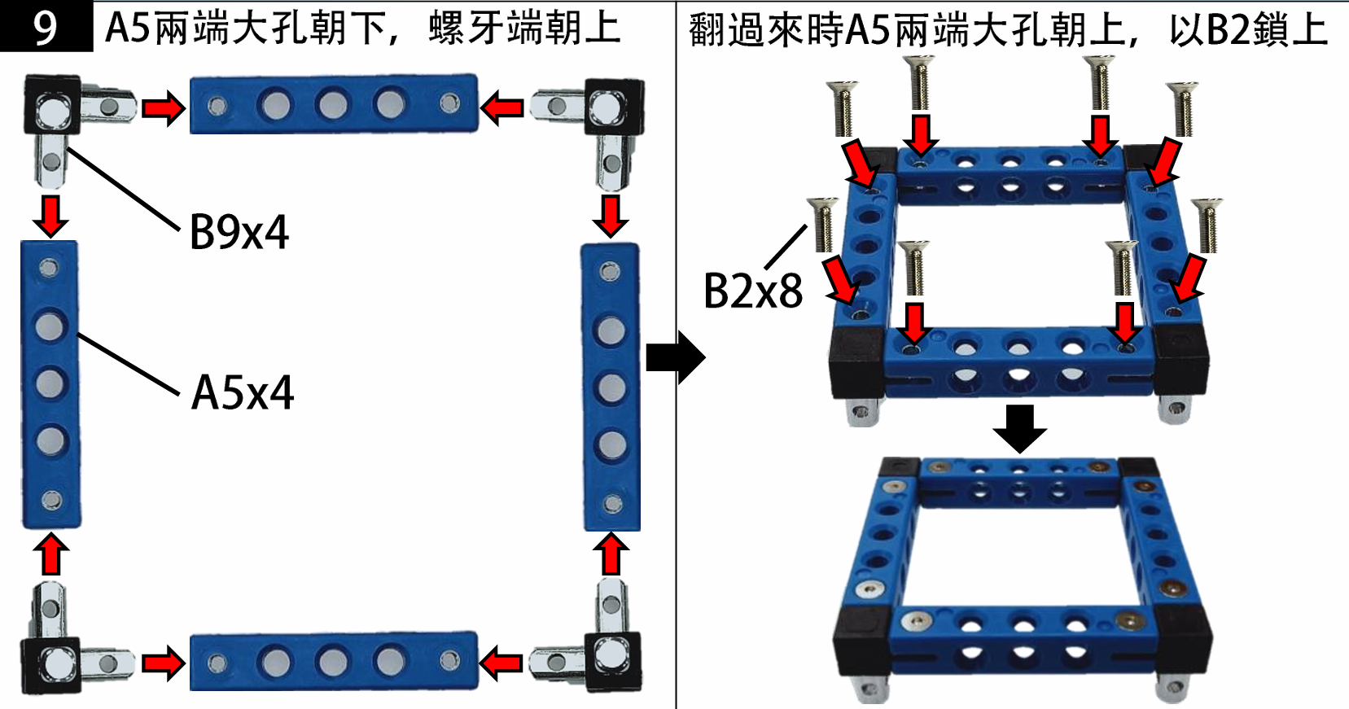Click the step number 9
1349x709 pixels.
click(x=46, y=27)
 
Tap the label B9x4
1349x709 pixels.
click(x=239, y=232)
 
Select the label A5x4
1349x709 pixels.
click(x=242, y=392)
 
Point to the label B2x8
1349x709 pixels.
click(x=752, y=291)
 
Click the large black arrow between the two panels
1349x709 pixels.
click(x=675, y=357)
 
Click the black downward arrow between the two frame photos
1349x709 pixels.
click(x=1019, y=427)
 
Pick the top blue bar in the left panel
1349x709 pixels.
click(x=334, y=104)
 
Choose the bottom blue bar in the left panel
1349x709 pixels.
click(x=334, y=662)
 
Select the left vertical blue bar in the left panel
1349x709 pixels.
click(x=50, y=384)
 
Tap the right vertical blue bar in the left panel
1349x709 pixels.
click(x=611, y=387)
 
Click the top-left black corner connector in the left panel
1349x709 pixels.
click(x=52, y=105)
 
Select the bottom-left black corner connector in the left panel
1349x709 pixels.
click(x=50, y=664)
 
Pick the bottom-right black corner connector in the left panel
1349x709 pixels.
click(x=612, y=661)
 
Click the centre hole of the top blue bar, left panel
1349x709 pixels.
click(x=333, y=104)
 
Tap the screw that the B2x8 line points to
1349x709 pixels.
click(x=823, y=224)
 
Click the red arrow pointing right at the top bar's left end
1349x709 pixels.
click(x=164, y=107)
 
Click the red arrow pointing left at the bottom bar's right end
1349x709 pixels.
click(x=501, y=663)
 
